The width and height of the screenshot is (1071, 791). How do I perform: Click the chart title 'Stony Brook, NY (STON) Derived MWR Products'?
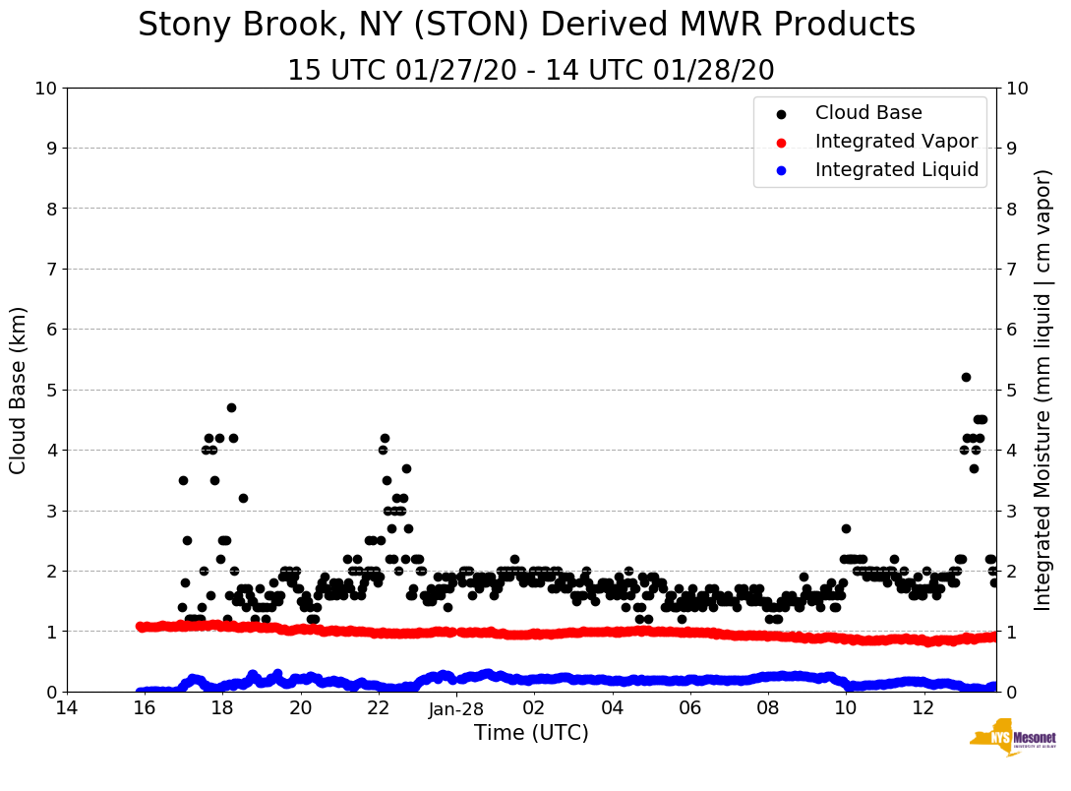tap(526, 26)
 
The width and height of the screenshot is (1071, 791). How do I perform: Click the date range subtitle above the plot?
tap(530, 71)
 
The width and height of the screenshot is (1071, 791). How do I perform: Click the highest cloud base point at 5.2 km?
tap(966, 377)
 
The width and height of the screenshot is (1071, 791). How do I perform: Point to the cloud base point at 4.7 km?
tap(231, 407)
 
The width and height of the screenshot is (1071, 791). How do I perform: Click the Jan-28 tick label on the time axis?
tap(456, 709)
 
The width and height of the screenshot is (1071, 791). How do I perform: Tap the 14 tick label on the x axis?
tap(67, 708)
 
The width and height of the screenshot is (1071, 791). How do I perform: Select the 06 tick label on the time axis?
tap(690, 708)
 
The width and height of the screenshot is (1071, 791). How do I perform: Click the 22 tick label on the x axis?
tap(379, 708)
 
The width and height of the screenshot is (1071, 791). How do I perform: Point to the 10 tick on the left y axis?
tap(45, 89)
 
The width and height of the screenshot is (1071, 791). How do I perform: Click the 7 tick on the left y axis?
tap(51, 269)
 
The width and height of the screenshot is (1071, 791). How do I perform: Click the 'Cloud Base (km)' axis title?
tap(18, 390)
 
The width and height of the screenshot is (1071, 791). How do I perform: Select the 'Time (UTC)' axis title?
tap(531, 733)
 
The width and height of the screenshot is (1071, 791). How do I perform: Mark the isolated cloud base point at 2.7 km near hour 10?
tap(846, 528)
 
